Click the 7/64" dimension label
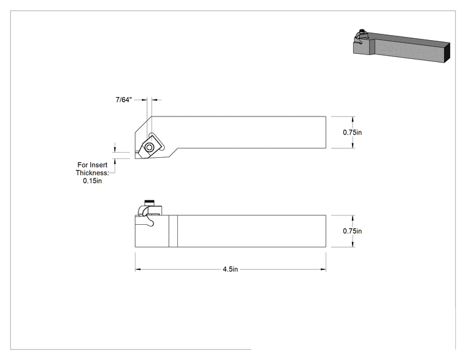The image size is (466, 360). click(123, 100)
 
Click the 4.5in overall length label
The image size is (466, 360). click(230, 269)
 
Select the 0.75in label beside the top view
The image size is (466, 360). click(352, 133)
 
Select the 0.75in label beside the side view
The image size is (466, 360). click(352, 231)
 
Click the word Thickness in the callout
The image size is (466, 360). click(93, 173)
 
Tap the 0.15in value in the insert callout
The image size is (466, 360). click(92, 181)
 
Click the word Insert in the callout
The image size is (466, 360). click(98, 165)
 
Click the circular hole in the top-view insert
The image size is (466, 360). click(149, 147)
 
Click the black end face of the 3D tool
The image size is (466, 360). click(447, 53)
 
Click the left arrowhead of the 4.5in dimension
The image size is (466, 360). click(138, 269)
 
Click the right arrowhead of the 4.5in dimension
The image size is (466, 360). click(323, 269)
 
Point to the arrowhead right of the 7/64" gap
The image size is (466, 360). click(154, 100)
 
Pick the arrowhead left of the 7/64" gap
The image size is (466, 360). click(145, 100)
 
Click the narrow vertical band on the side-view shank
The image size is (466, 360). click(173, 231)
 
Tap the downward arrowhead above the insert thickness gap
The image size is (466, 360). click(115, 150)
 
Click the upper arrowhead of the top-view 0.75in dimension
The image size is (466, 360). click(353, 120)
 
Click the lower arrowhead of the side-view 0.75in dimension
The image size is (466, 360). click(353, 244)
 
